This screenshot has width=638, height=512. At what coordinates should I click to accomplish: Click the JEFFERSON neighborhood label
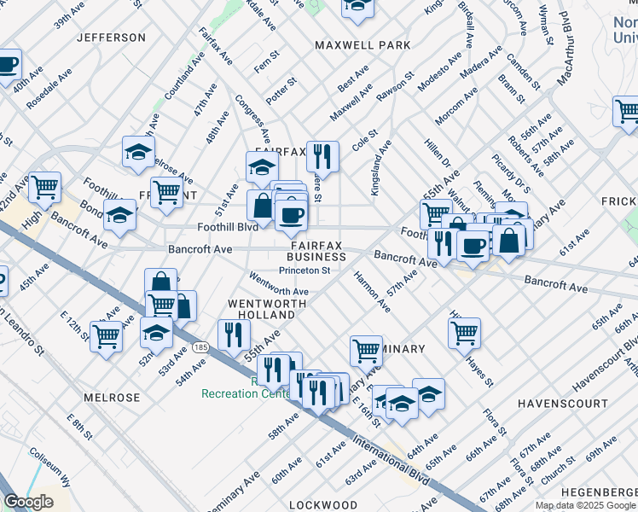tap(111, 38)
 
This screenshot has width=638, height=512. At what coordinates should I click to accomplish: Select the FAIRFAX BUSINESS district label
tap(316, 250)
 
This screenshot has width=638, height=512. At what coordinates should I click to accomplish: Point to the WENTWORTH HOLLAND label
tap(260, 310)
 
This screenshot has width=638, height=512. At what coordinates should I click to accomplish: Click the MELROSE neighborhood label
tap(112, 398)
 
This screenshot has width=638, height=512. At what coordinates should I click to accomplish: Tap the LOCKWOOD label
tap(322, 505)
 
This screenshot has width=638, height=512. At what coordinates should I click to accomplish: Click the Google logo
tap(28, 502)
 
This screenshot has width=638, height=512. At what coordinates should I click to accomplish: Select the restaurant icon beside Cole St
tap(322, 156)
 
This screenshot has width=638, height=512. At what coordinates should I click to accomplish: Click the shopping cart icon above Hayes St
tap(463, 334)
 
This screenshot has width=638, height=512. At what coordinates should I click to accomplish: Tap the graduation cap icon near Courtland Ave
tap(138, 153)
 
